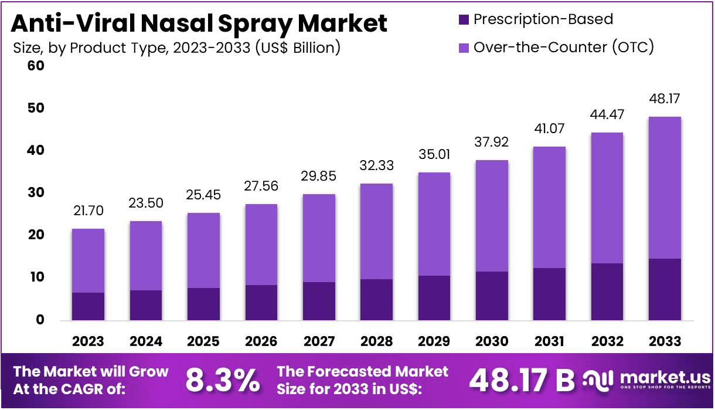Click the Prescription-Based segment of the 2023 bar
pos(88,306)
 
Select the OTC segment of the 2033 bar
pos(665,188)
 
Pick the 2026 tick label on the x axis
pos(261,341)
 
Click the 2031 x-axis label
pos(550,341)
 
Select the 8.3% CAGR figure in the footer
pos(223,380)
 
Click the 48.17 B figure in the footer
pos(522,380)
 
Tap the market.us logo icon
pos(597,380)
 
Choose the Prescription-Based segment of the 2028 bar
pos(376,300)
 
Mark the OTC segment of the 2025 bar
pos(203,250)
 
